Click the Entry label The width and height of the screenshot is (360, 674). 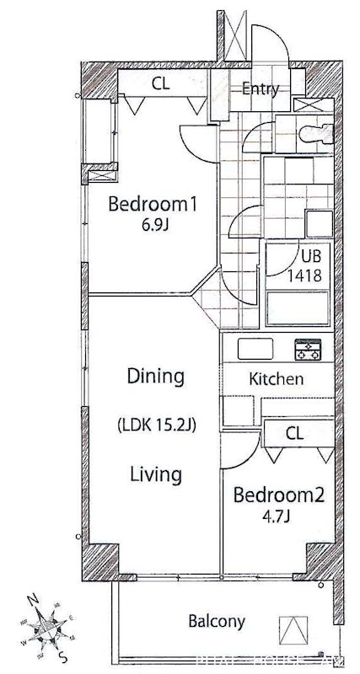pyautogui.click(x=261, y=89)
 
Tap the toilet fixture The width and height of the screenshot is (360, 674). pyautogui.click(x=319, y=131)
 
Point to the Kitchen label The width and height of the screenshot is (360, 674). pyautogui.click(x=276, y=379)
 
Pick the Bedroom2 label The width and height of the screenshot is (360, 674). pyautogui.click(x=278, y=495)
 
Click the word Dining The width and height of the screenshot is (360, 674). pyautogui.click(x=155, y=376)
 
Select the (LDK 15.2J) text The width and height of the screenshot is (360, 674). pyautogui.click(x=156, y=425)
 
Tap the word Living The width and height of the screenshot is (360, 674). pyautogui.click(x=156, y=474)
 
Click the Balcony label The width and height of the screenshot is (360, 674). pyautogui.click(x=216, y=622)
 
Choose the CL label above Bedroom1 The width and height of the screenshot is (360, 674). pyautogui.click(x=163, y=83)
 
